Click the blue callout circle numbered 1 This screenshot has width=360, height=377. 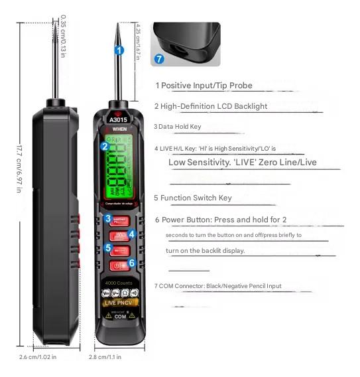[119, 50]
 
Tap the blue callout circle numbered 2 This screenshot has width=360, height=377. [104, 146]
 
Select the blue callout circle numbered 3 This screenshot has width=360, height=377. [107, 218]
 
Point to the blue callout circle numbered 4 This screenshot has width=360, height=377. [132, 234]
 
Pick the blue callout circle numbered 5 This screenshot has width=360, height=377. [107, 247]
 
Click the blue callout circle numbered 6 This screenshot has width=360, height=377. [132, 263]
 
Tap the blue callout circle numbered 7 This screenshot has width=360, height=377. [158, 58]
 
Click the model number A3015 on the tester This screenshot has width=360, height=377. [119, 120]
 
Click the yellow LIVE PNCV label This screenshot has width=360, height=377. [119, 303]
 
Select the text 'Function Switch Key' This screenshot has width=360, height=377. [193, 198]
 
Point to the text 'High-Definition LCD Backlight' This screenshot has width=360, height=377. [211, 106]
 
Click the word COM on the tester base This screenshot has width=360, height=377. [120, 317]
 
